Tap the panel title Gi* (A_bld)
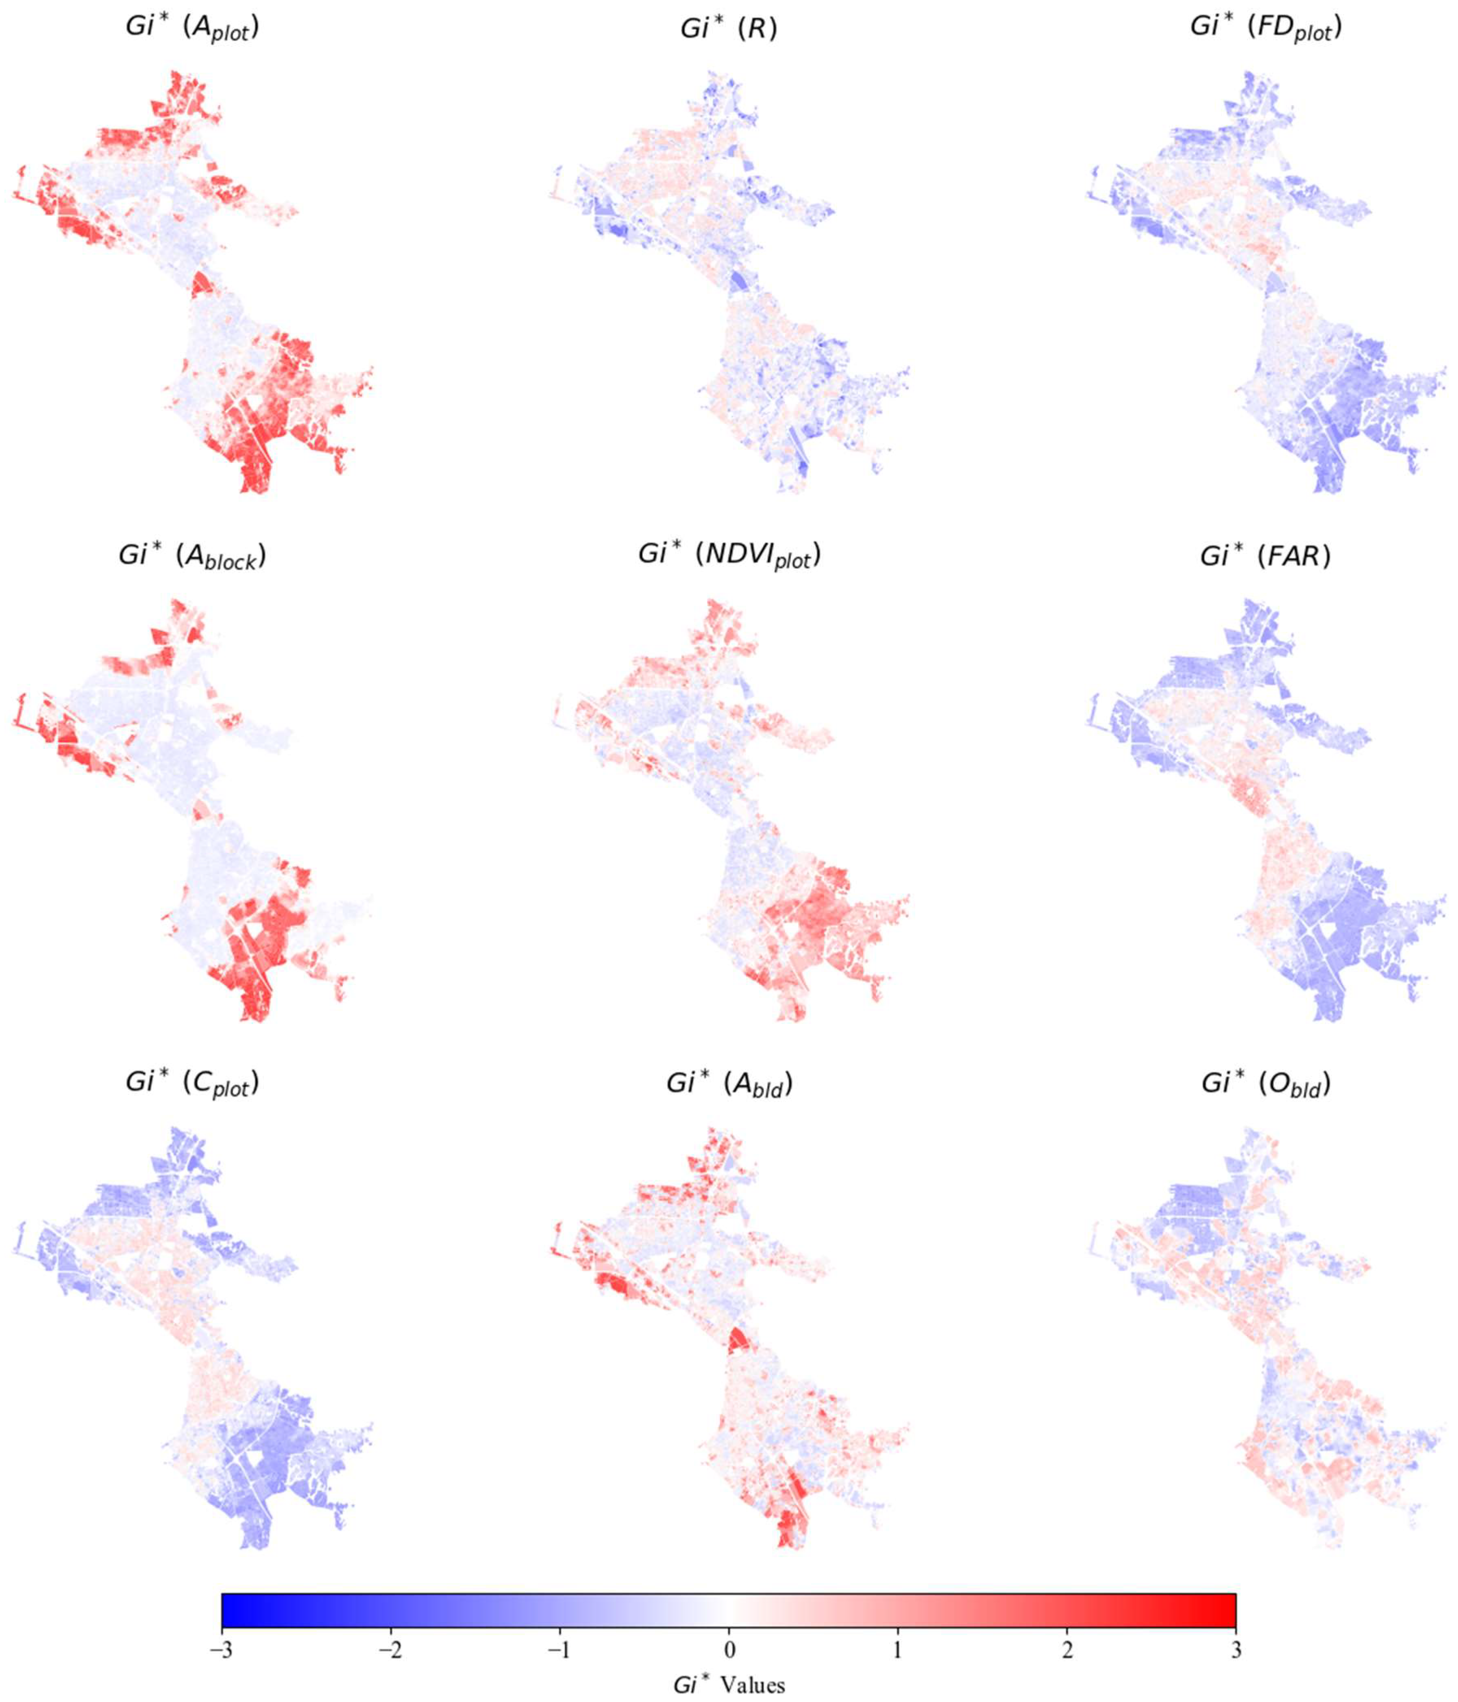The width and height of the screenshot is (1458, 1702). tap(728, 1084)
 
